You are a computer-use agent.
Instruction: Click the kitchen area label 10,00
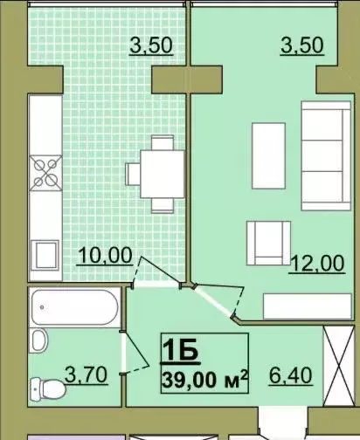105,256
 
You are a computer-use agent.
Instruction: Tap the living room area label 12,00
317,264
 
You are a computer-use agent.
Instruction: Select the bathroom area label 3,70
87,375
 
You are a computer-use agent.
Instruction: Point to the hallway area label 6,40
291,375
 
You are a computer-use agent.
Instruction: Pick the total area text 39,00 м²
204,379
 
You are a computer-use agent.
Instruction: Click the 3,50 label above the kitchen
151,46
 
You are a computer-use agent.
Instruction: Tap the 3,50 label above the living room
302,45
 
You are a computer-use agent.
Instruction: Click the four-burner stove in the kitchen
45,173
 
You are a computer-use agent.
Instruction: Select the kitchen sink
45,255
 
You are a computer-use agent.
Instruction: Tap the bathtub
75,307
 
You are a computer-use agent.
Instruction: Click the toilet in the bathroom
48,388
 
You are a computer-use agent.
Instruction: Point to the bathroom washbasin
40,340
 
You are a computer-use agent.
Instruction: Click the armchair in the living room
268,244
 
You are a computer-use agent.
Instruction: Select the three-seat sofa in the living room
326,155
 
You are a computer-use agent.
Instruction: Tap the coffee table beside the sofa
268,155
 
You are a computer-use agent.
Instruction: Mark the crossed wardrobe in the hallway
339,366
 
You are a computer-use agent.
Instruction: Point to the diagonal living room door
214,301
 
